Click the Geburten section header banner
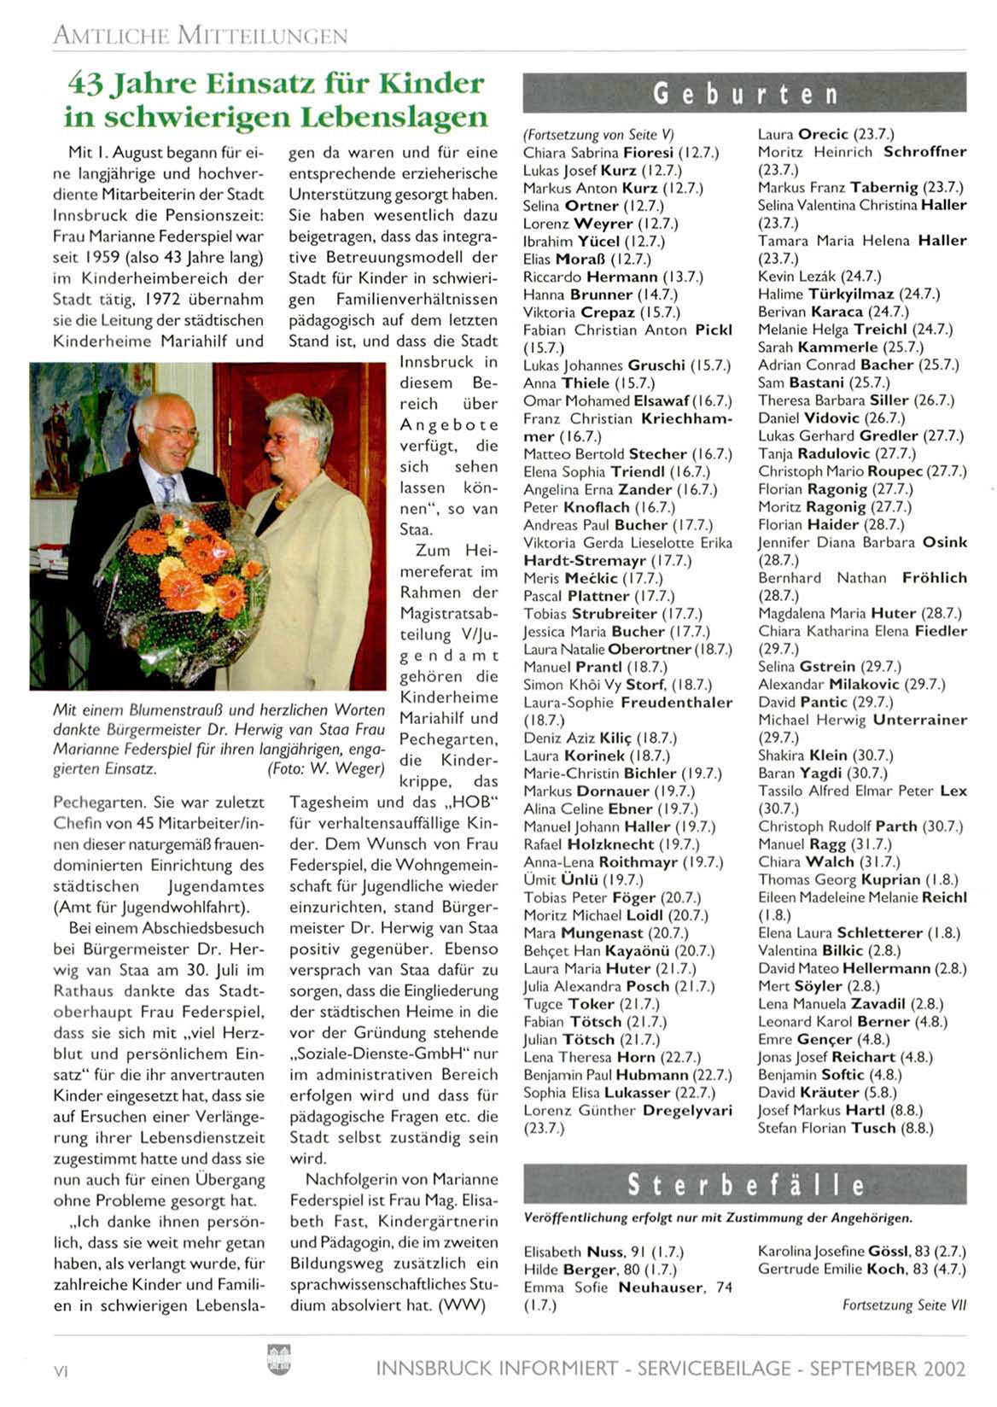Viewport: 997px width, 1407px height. [x=744, y=93]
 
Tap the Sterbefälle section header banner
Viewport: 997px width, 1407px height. [x=744, y=1184]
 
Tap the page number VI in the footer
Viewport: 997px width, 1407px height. [x=61, y=1370]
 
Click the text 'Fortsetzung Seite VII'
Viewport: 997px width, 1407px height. [x=904, y=1305]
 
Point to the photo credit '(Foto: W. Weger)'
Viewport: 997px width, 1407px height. [x=326, y=768]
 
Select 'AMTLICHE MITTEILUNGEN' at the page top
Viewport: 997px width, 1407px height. [x=201, y=36]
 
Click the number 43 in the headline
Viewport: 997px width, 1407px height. [x=86, y=83]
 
